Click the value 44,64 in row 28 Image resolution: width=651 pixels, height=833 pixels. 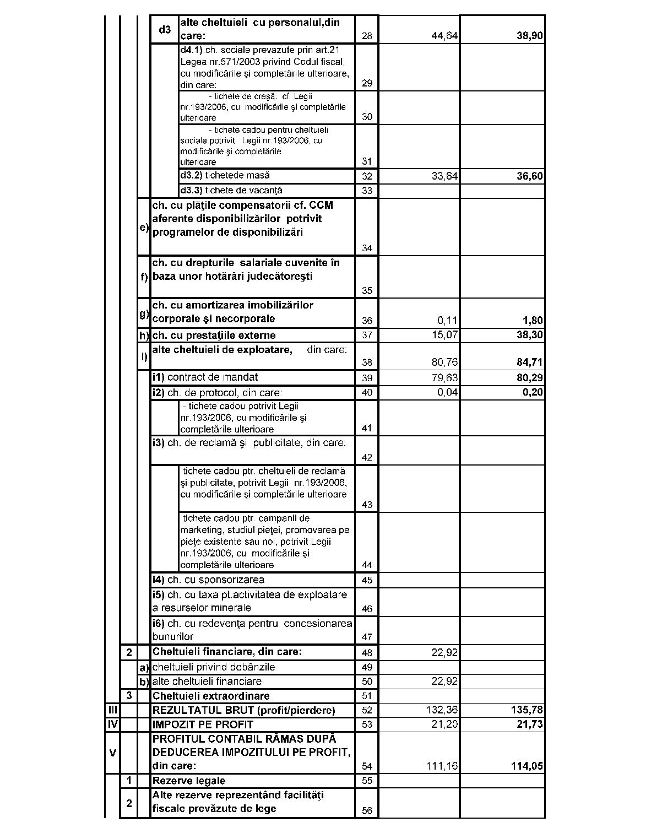pyautogui.click(x=444, y=37)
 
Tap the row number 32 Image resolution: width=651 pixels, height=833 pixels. pyautogui.click(x=367, y=177)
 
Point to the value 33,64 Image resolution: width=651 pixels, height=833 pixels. pyautogui.click(x=444, y=177)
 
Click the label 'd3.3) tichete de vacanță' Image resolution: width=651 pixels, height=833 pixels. pyautogui.click(x=231, y=191)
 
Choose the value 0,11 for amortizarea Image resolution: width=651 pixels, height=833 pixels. pyautogui.click(x=447, y=321)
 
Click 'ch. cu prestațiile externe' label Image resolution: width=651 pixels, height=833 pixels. pyautogui.click(x=214, y=336)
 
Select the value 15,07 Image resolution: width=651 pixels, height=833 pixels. pyautogui.click(x=444, y=335)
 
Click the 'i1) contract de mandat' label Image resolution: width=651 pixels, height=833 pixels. pyautogui.click(x=205, y=377)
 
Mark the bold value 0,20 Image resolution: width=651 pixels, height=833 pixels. pyautogui.click(x=533, y=392)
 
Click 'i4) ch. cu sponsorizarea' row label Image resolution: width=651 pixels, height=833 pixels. pyautogui.click(x=208, y=580)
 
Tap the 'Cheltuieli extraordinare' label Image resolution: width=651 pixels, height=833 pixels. pyautogui.click(x=211, y=696)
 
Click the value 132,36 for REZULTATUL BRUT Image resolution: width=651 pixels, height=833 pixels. pyautogui.click(x=442, y=710)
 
